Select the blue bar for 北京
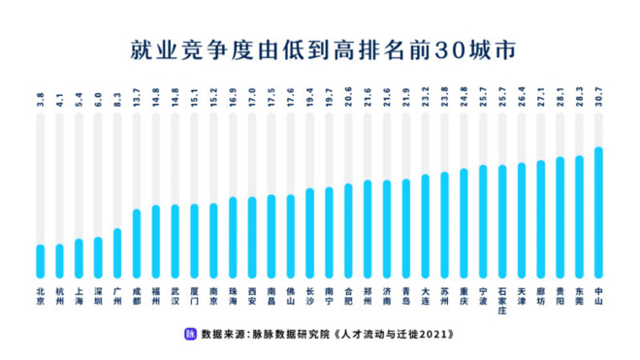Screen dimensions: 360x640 (x=40, y=261)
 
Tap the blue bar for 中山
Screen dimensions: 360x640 (x=599, y=213)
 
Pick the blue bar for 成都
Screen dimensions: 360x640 (x=136, y=244)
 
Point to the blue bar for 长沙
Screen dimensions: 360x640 (x=309, y=234)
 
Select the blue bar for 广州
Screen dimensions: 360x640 (x=117, y=253)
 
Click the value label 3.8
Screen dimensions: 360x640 (x=40, y=99)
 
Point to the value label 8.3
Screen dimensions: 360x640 (x=117, y=99)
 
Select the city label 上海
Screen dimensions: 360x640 (x=79, y=296)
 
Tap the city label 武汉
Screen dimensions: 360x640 (x=175, y=296)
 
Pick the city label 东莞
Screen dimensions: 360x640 (x=580, y=296)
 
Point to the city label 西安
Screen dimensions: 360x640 (x=252, y=296)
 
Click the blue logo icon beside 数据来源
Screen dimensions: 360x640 (x=190, y=334)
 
